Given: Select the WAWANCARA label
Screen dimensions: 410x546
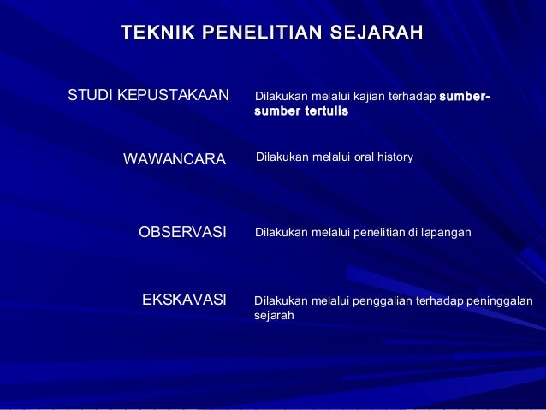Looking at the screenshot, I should tap(175, 159).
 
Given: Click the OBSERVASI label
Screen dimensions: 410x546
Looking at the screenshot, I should tap(182, 232).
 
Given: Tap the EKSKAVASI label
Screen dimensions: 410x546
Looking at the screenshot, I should tap(184, 300).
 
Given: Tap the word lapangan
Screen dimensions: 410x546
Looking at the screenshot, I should tap(447, 232).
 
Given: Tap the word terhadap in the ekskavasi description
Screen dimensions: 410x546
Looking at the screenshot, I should tap(438, 300).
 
